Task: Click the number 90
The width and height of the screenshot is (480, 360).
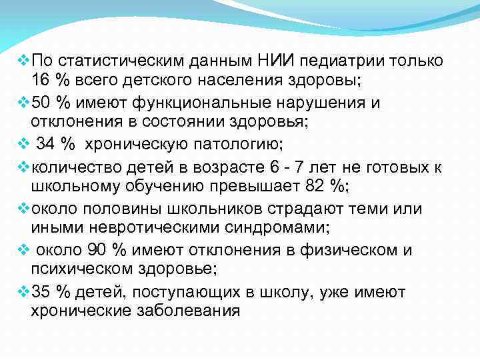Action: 97,250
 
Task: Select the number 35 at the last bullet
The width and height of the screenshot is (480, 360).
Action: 41,292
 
